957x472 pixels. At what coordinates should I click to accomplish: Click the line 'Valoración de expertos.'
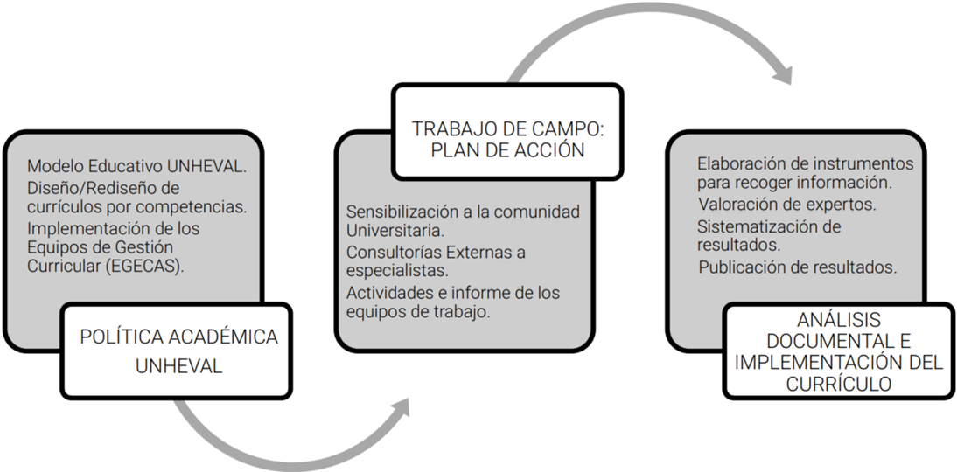pyautogui.click(x=787, y=204)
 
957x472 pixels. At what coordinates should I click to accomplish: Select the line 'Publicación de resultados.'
pyautogui.click(x=798, y=267)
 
